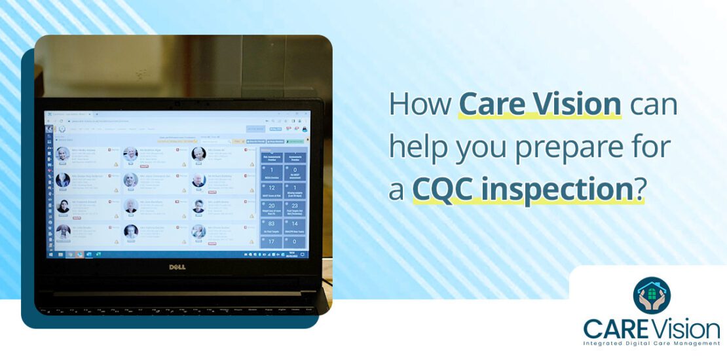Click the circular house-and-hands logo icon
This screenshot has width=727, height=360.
652,295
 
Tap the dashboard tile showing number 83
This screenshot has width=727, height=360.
271,225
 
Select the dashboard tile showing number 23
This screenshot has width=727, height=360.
294,206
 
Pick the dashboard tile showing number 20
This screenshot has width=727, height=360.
271,206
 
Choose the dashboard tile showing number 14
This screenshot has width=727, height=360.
294,225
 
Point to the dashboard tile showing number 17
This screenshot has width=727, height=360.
271,242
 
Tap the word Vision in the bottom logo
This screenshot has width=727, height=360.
686,328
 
